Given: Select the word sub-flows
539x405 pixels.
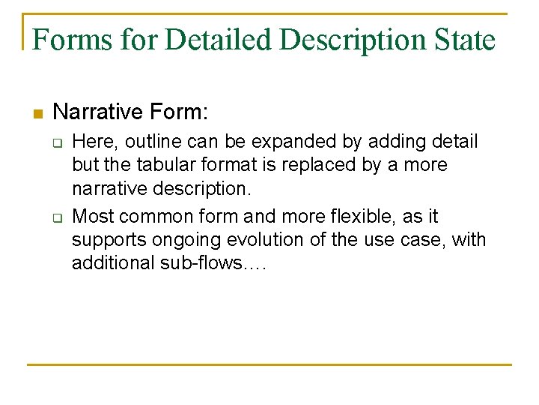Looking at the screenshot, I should [x=211, y=264].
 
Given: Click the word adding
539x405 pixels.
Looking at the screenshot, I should [x=368, y=141].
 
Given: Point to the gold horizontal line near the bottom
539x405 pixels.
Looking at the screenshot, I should [x=269, y=364].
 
